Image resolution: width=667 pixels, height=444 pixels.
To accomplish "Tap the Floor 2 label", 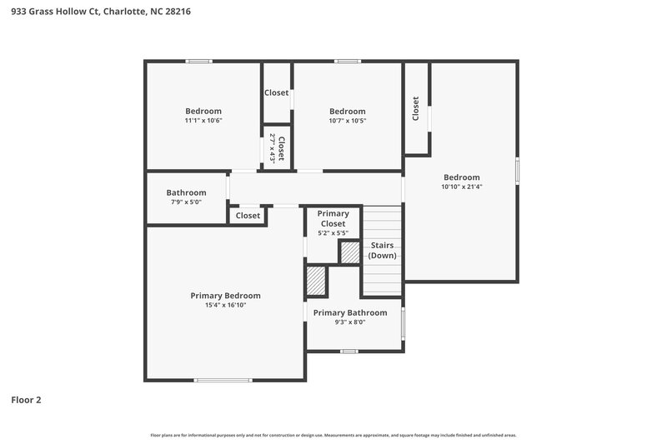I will click(26, 400).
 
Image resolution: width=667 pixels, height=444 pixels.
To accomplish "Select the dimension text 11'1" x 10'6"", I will click(203, 121).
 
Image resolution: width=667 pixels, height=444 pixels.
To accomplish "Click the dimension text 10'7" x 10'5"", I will click(347, 121).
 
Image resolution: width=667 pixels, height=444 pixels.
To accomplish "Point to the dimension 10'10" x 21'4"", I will click(461, 187).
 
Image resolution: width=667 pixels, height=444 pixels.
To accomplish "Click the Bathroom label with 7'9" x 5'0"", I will click(186, 192).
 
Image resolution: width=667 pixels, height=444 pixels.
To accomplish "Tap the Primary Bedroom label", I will click(225, 296).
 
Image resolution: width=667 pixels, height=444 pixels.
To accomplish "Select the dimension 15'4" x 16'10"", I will click(225, 306).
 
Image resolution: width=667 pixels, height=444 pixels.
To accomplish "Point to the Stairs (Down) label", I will click(382, 250).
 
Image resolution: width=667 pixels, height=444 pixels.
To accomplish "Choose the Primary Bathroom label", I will click(350, 312).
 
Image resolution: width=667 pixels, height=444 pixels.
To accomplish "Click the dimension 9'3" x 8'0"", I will click(350, 322).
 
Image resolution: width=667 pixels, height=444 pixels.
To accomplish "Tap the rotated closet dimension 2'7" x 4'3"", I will click(271, 150).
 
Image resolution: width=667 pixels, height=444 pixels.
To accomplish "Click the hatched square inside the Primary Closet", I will click(349, 253).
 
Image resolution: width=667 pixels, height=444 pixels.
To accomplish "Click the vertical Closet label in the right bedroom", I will click(415, 108).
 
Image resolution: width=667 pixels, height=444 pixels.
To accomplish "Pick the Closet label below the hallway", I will click(248, 216).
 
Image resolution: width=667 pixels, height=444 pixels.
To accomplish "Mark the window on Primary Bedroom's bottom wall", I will click(223, 381).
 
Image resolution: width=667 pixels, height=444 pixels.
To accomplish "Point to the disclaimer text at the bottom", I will click(333, 435).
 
